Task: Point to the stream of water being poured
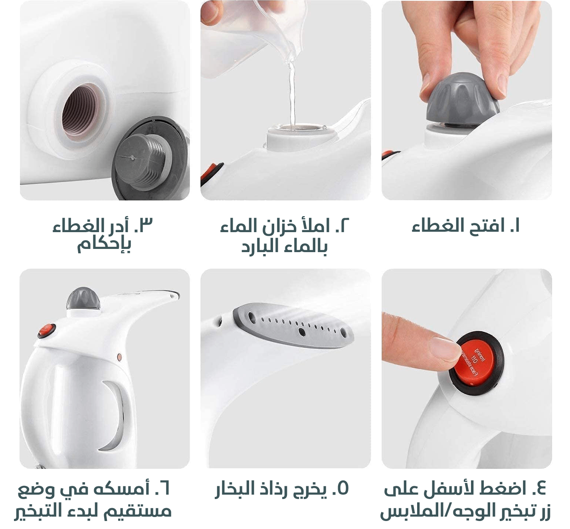pos(292,95)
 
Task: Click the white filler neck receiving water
pos(301,138)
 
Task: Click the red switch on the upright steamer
pos(47,330)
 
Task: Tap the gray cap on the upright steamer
pos(83,299)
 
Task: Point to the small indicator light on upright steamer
pos(119,357)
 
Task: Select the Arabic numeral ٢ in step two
pos(345,225)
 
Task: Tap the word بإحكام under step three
pos(104,244)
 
